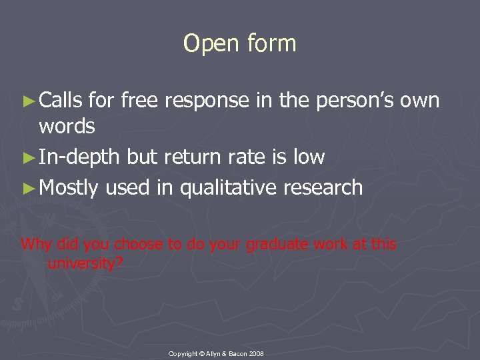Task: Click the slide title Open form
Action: [239, 44]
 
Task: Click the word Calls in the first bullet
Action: [61, 101]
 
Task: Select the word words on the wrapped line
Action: [67, 126]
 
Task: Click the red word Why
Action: [35, 244]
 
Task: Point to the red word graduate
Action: [274, 245]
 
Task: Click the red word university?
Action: [85, 263]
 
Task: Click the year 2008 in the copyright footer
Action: [256, 352]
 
